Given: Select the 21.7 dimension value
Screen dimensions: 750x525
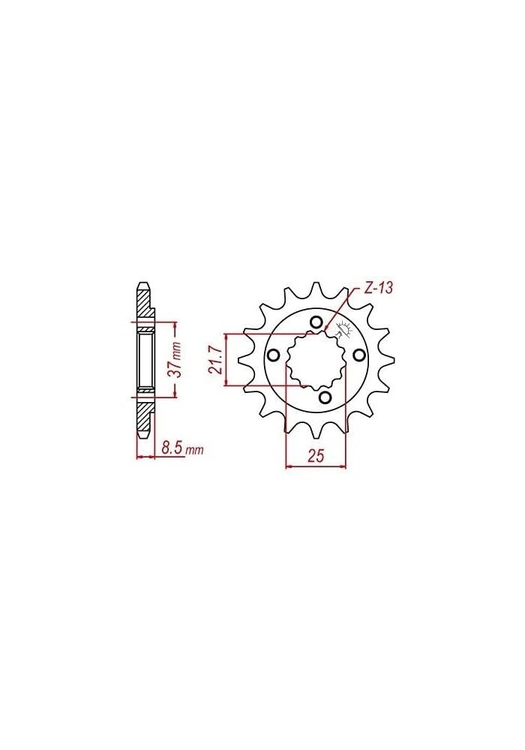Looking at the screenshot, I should pyautogui.click(x=215, y=360).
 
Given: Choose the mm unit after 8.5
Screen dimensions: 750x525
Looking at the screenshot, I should pyautogui.click(x=194, y=451).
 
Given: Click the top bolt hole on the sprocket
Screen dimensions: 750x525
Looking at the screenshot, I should pyautogui.click(x=316, y=323).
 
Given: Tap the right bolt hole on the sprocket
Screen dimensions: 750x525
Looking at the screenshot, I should pyautogui.click(x=358, y=355).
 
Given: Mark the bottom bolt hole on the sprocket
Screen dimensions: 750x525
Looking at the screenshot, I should pyautogui.click(x=325, y=397).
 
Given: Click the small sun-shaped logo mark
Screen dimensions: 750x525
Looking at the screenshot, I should pyautogui.click(x=346, y=328).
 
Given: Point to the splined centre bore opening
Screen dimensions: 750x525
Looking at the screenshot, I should pyautogui.click(x=316, y=361).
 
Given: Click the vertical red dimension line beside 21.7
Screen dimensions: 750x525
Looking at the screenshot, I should pyautogui.click(x=226, y=360).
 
